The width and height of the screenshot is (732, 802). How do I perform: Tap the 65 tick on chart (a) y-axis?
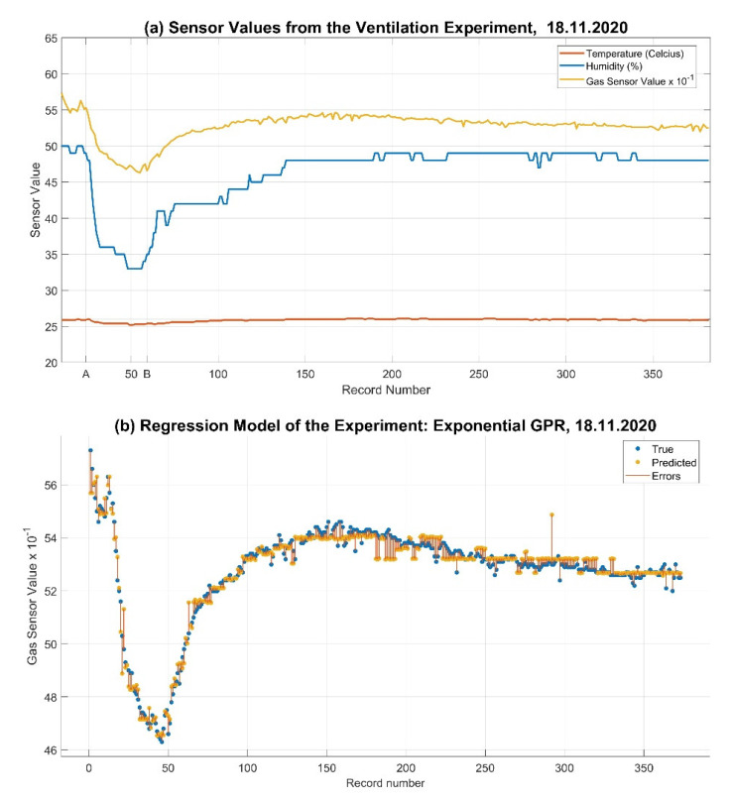(x=48, y=38)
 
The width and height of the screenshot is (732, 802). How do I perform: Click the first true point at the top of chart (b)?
(x=90, y=450)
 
